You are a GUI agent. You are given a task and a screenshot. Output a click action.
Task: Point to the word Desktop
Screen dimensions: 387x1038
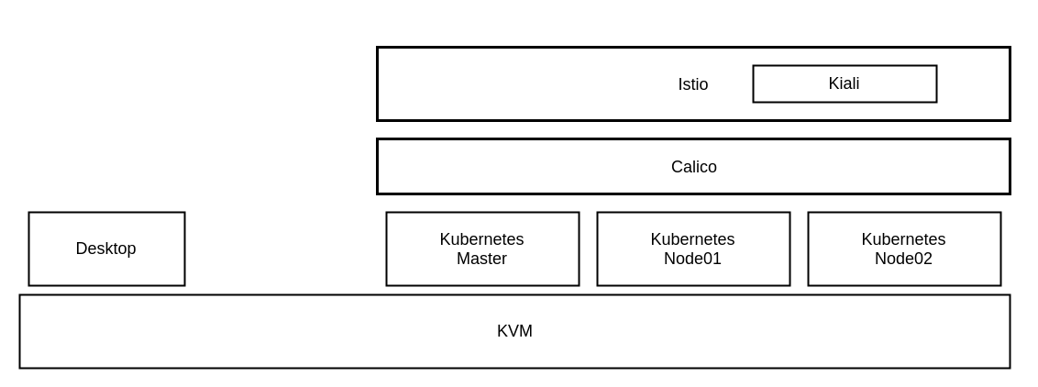tap(105, 249)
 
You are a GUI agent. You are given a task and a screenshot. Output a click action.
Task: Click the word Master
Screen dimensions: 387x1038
tap(481, 260)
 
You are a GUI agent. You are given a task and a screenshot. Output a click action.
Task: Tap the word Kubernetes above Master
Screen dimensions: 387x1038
tap(481, 239)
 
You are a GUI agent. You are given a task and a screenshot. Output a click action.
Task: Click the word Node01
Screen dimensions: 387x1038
tap(692, 260)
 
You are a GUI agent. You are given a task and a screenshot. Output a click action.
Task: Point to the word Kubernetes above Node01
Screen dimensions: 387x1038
tap(692, 239)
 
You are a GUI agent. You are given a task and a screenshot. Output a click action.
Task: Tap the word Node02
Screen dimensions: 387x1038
tap(903, 260)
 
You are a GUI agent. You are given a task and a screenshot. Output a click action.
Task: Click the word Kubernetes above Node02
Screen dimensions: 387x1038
tap(903, 239)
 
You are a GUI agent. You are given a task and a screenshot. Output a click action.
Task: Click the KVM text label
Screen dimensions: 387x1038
tap(514, 331)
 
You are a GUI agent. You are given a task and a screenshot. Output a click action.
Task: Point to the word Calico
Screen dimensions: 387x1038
tap(693, 167)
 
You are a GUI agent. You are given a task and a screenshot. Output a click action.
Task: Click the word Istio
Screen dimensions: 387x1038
tap(692, 84)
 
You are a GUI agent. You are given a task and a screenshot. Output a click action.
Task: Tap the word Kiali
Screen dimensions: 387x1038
tap(844, 83)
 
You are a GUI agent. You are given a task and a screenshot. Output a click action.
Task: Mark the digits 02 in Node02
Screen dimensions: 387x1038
tap(923, 260)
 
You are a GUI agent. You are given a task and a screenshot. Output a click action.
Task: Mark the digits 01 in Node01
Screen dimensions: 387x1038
tap(712, 260)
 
